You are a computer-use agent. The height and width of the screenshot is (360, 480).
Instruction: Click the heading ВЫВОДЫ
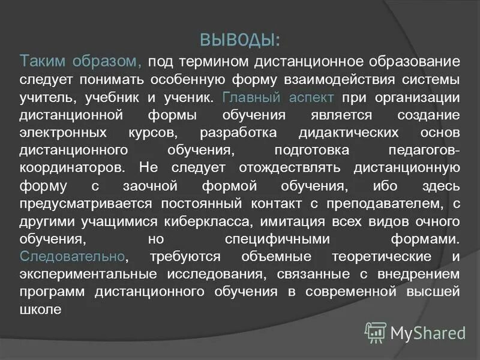239,40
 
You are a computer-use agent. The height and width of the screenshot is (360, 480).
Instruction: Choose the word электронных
64,132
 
